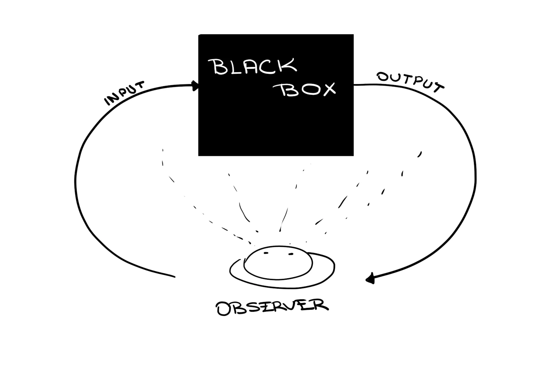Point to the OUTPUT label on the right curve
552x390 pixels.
click(x=410, y=81)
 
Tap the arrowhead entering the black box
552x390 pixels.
click(x=196, y=86)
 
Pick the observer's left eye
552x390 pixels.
click(x=266, y=253)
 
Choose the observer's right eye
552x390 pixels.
click(x=290, y=254)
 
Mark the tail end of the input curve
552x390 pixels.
click(x=174, y=276)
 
